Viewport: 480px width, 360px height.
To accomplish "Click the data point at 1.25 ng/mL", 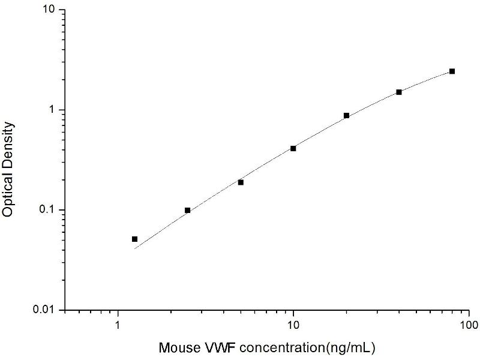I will click(x=135, y=239).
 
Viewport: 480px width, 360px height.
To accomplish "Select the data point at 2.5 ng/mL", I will click(x=188, y=210).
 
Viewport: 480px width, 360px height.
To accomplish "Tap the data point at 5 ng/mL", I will click(x=241, y=182).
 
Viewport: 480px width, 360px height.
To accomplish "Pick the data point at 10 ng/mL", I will click(x=293, y=148).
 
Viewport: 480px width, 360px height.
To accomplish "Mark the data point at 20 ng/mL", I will click(x=346, y=115).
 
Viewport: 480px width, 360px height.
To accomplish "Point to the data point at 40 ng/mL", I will click(x=399, y=92).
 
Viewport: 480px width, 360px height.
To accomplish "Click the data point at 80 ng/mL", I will click(x=452, y=71).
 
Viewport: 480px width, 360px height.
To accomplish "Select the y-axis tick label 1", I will click(x=53, y=110).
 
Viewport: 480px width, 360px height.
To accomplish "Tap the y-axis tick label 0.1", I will click(x=47, y=210).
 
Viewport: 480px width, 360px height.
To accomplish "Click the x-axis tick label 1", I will click(x=118, y=326).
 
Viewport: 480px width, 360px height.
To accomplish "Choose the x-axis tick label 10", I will click(x=293, y=326).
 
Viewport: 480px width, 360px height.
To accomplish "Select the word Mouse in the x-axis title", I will click(x=176, y=347).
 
